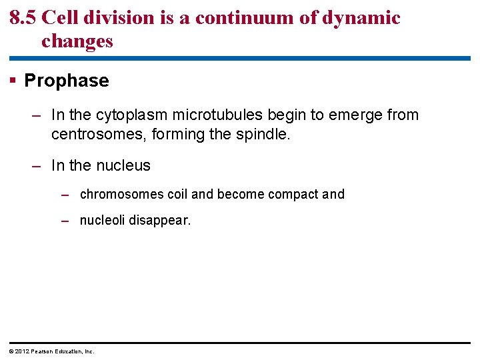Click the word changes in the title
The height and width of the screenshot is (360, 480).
pyautogui.click(x=77, y=41)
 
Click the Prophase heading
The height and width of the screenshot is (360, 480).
pyautogui.click(x=67, y=81)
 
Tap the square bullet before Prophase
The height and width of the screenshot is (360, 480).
pyautogui.click(x=13, y=81)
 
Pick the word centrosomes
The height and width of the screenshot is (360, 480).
pyautogui.click(x=99, y=135)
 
